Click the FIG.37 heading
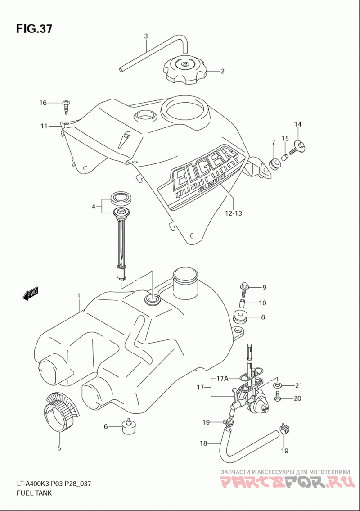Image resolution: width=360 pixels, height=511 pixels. (x=34, y=29)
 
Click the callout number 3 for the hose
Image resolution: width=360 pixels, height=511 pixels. (x=146, y=36)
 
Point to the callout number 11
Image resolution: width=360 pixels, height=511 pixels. (x=44, y=126)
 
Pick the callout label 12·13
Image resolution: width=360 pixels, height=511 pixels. (x=234, y=213)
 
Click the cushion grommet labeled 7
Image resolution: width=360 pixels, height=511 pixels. (x=275, y=162)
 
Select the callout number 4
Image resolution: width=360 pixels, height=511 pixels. (x=94, y=206)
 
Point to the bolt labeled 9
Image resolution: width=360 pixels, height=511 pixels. (x=244, y=287)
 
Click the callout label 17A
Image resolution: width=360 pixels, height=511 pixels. (x=222, y=379)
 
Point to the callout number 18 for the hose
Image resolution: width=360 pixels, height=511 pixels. (x=203, y=443)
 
